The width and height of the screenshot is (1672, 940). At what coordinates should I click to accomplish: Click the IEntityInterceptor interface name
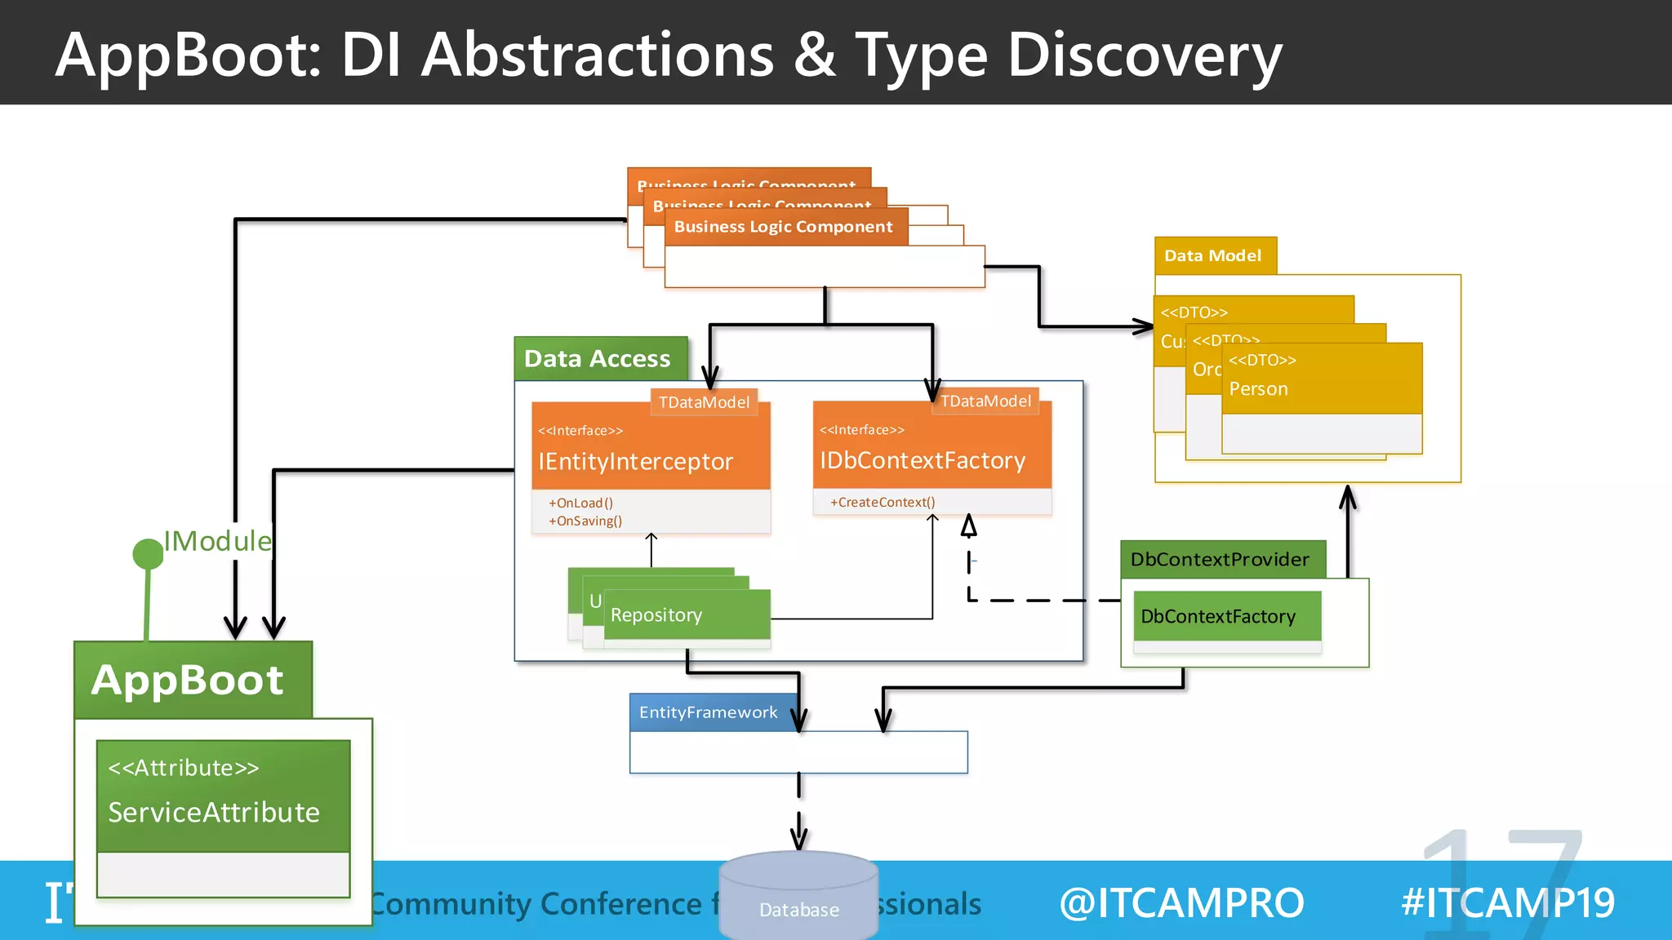pos(635,462)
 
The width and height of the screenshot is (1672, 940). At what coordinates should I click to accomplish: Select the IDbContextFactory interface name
pos(923,461)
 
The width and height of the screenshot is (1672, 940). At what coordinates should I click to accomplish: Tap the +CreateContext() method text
pos(883,503)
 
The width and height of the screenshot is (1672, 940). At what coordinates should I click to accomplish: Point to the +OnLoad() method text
pos(580,503)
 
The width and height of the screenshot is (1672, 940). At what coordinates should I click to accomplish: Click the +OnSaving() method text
pos(585,521)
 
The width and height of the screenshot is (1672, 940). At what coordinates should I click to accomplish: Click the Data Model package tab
pos(1213,256)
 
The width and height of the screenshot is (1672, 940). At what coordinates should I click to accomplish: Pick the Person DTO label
pos(1258,389)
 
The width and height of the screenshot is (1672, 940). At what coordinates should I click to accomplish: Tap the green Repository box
pos(686,615)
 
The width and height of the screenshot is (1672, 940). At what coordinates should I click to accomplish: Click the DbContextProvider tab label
pos(1221,560)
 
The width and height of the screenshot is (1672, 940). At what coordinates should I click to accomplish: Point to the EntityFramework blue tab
pos(709,712)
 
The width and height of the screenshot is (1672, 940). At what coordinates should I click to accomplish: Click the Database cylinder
pos(798,898)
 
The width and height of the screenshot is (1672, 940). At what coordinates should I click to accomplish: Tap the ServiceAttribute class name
pos(214,813)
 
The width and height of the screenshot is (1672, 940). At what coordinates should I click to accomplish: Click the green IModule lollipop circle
pos(148,554)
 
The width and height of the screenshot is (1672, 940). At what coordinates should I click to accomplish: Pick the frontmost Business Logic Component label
pos(784,227)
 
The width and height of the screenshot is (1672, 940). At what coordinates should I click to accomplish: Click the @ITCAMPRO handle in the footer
pos(1181,903)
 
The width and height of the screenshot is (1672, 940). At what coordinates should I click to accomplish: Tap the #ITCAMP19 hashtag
pos(1507,903)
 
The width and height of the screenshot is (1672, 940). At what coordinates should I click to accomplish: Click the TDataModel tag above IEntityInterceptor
pos(704,402)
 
